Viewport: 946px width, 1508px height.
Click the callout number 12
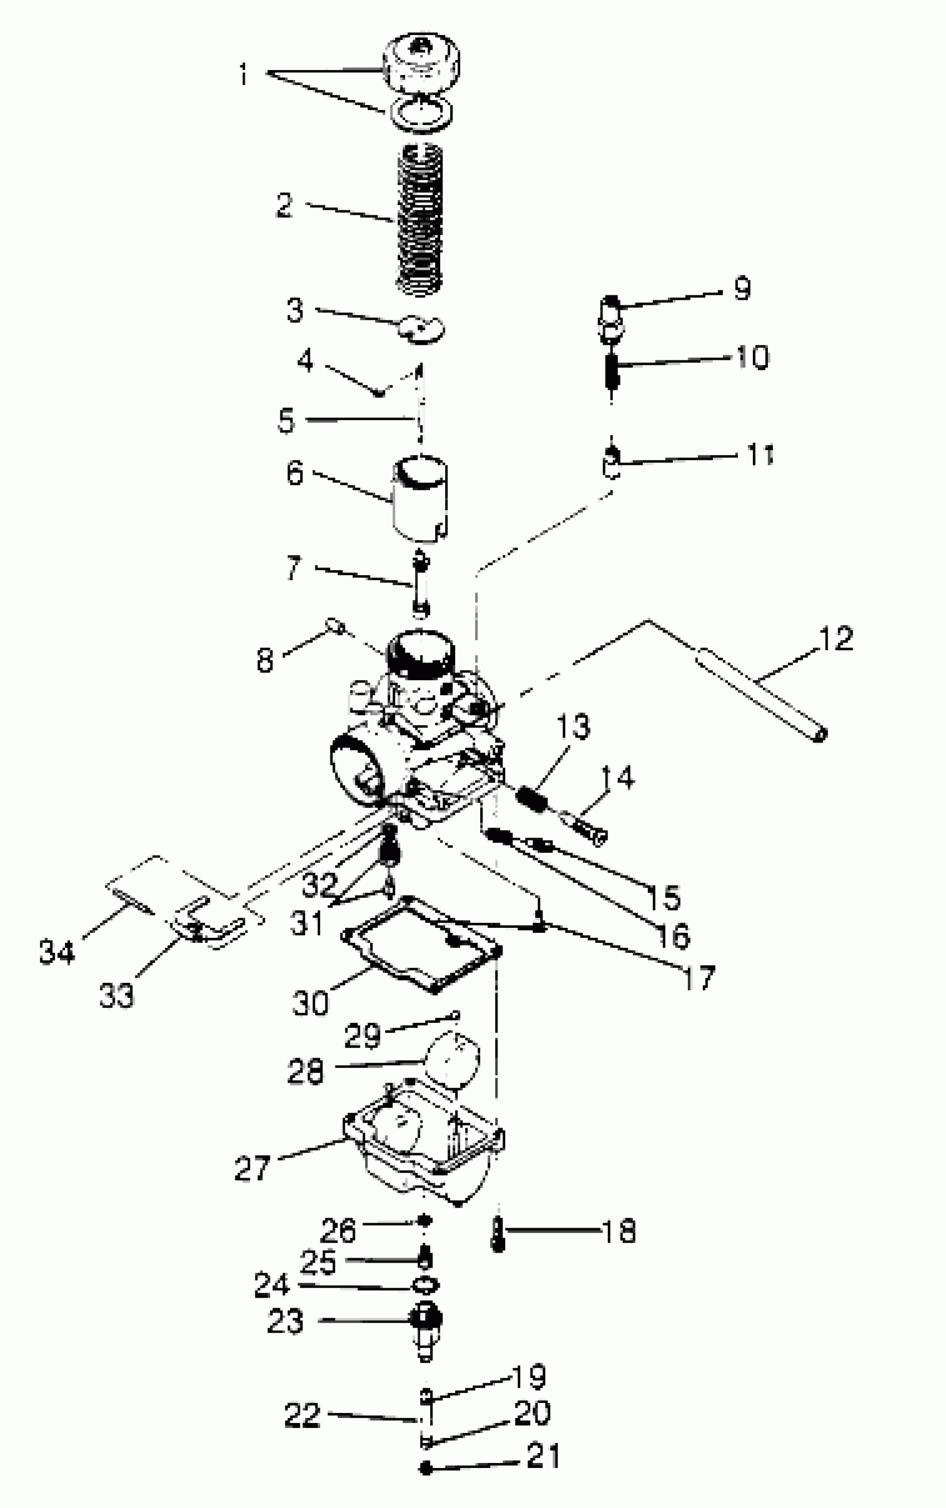(836, 639)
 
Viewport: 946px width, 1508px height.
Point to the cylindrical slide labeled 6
(419, 501)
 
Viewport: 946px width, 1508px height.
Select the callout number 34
(57, 951)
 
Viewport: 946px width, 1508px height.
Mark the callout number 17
(698, 977)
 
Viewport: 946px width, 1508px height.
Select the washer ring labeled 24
(426, 1285)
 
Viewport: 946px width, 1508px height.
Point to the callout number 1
(243, 75)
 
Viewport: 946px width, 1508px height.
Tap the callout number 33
(116, 995)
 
